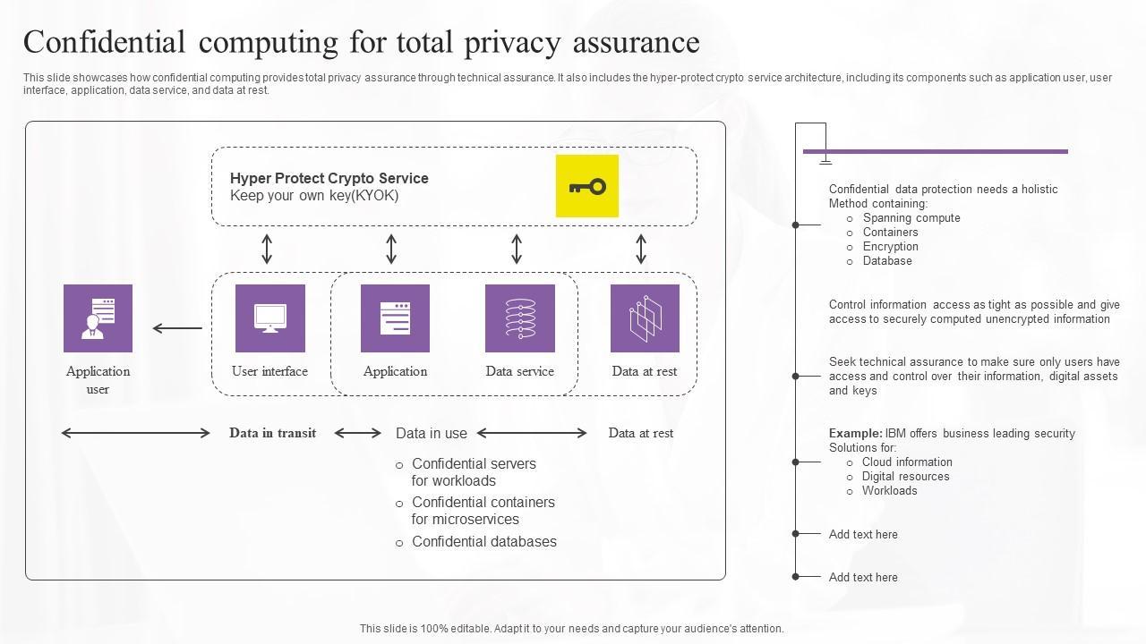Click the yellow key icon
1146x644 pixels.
point(587,186)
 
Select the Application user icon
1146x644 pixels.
point(98,318)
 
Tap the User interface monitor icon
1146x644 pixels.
point(269,318)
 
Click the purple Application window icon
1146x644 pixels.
point(395,318)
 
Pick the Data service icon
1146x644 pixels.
point(519,318)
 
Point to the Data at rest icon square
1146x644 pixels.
point(645,318)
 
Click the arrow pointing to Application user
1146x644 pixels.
point(176,328)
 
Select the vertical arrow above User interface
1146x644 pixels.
point(267,250)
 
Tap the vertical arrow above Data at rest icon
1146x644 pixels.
point(641,250)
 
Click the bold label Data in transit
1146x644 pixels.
point(272,433)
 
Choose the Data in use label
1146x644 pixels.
point(431,433)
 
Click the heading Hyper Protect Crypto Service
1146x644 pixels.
point(329,178)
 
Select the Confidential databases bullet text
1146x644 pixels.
point(483,541)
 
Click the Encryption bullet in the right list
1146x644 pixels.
point(890,247)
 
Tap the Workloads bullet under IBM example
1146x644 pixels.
point(889,490)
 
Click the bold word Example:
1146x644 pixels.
point(855,433)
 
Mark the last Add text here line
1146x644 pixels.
point(863,577)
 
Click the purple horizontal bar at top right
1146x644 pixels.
point(935,151)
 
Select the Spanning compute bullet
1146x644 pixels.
point(911,218)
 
